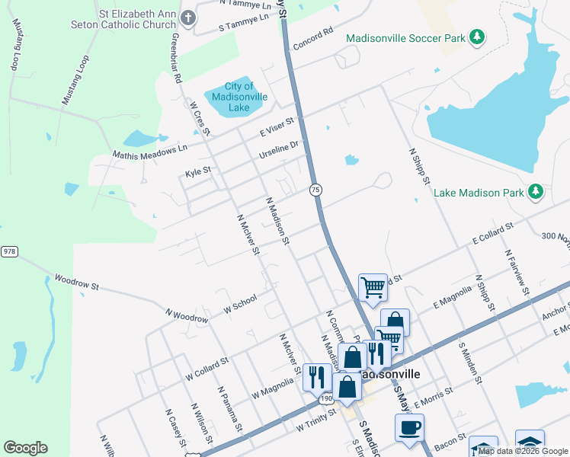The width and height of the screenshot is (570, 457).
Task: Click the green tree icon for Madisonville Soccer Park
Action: pyautogui.click(x=476, y=37)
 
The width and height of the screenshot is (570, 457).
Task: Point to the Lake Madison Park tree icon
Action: pyautogui.click(x=535, y=192)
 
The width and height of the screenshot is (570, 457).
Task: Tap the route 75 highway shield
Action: pyautogui.click(x=315, y=189)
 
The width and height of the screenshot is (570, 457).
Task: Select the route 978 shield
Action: pyautogui.click(x=8, y=251)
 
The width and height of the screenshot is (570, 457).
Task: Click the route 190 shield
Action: pyautogui.click(x=326, y=398)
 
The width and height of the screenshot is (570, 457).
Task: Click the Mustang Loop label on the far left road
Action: pyautogui.click(x=16, y=46)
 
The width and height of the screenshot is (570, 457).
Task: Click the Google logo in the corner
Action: pyautogui.click(x=25, y=448)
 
